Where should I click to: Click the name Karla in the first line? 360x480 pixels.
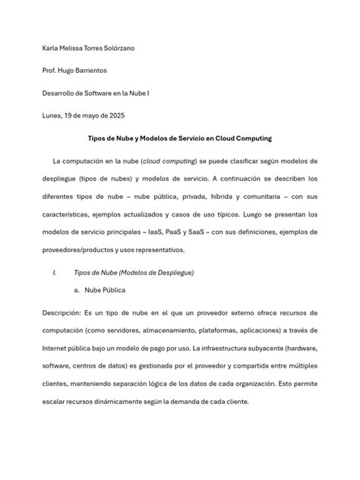click(51, 49)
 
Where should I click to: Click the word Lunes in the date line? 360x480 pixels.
click(52, 115)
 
